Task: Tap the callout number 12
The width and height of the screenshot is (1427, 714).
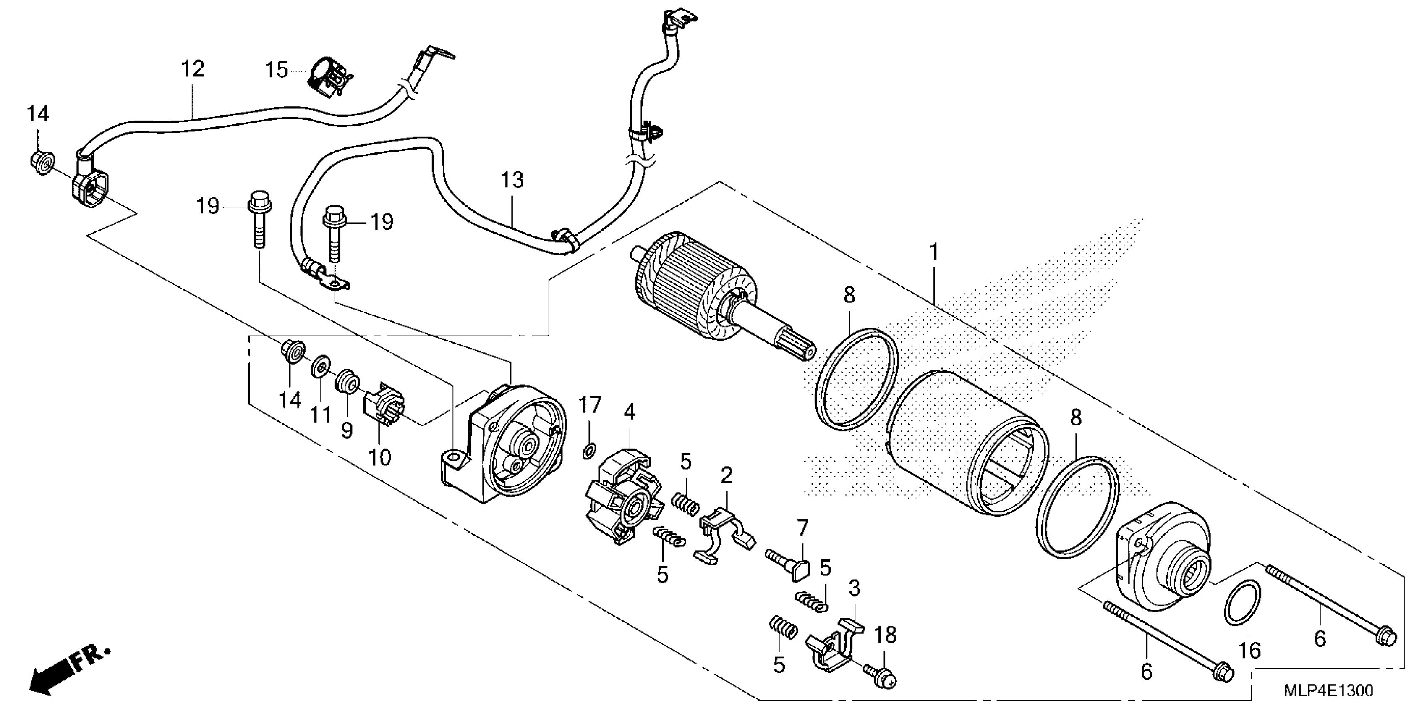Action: coord(193,69)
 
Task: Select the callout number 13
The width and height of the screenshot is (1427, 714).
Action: coord(512,180)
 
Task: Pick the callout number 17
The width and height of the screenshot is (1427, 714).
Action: coord(590,405)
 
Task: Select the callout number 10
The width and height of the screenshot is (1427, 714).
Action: coord(380,457)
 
